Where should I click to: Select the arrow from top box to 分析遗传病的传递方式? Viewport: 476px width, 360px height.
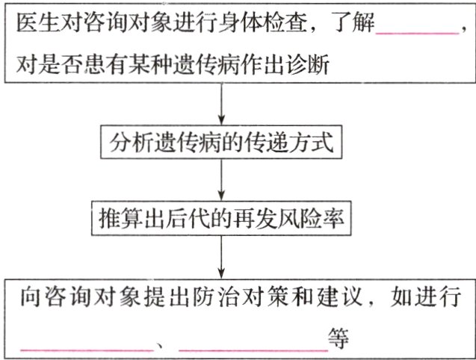click(x=222, y=105)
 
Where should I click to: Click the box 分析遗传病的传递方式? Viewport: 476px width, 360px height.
click(x=222, y=142)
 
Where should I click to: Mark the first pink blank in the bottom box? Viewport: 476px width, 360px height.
click(x=86, y=345)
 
